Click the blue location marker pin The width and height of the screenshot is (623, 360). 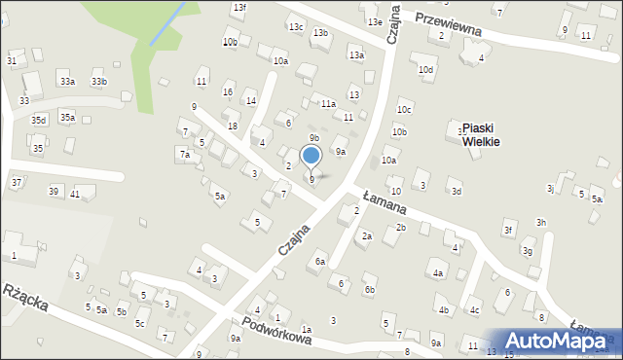(x=311, y=156)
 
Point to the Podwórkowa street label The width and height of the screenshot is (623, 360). (x=276, y=332)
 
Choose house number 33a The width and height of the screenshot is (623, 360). (x=66, y=82)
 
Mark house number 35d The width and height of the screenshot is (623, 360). (x=38, y=120)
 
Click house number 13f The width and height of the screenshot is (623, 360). (x=238, y=8)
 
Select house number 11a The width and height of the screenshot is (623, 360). (x=329, y=103)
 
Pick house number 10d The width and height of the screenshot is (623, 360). (x=425, y=70)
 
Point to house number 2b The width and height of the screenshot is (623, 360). (x=400, y=228)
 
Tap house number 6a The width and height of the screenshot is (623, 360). (x=319, y=262)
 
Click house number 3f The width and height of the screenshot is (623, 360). (x=507, y=230)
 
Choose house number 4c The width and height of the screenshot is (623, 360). (x=475, y=310)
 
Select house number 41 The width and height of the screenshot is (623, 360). (x=75, y=195)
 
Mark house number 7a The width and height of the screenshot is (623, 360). (x=183, y=154)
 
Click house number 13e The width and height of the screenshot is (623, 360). (x=374, y=21)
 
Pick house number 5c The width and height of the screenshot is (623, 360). (x=140, y=323)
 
